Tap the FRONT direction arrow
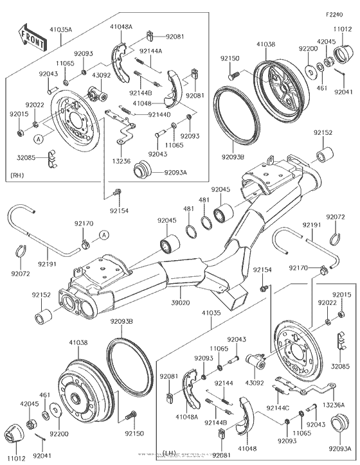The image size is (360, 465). [x=32, y=38]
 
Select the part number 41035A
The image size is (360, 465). [x=61, y=29]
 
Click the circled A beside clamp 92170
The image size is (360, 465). [x=104, y=236]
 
